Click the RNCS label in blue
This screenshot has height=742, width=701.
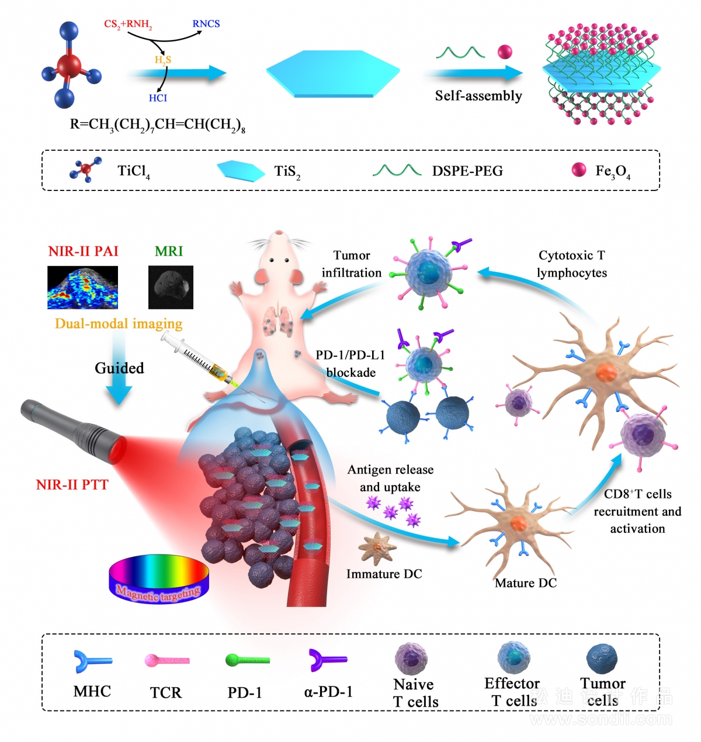point(206,23)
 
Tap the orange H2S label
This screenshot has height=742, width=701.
point(163,60)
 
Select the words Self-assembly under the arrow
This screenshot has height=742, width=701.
point(478,96)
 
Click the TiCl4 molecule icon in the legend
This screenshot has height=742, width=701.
point(85,169)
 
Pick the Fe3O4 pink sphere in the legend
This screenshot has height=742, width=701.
point(578,169)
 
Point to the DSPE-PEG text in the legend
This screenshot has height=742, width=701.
point(467,171)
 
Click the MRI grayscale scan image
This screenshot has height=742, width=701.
point(171,287)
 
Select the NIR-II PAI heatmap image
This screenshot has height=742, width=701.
point(82,287)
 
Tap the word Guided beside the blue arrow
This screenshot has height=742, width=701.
point(119,368)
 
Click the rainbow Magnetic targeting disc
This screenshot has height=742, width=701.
point(158,579)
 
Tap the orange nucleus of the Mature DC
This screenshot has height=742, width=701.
point(519,523)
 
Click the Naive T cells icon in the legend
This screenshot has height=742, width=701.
point(411,658)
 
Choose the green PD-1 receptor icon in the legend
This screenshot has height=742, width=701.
point(247,660)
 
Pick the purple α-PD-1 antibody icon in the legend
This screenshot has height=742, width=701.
point(328,660)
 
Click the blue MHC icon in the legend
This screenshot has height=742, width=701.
point(92,661)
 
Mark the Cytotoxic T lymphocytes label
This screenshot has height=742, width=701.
point(572,263)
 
